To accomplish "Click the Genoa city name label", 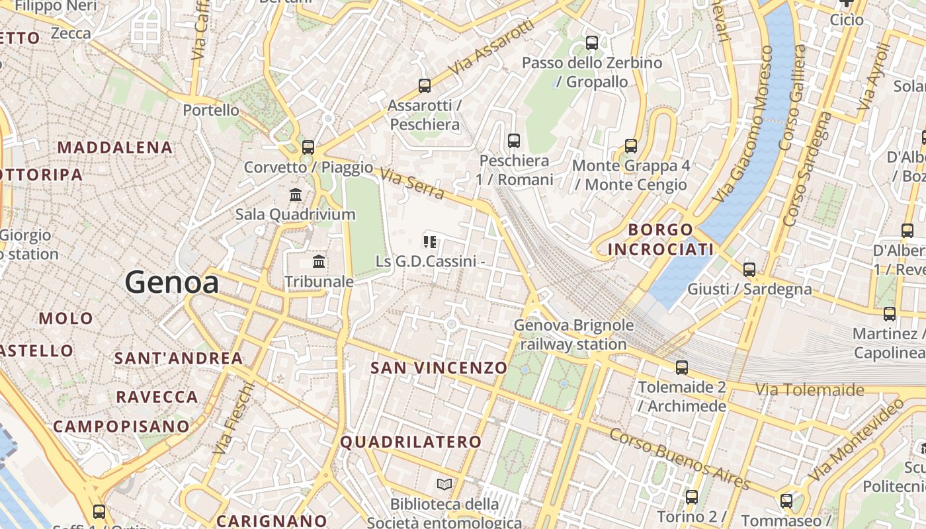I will (x=172, y=283).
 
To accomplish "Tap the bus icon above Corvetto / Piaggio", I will (x=308, y=147).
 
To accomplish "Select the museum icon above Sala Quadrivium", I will (x=296, y=195).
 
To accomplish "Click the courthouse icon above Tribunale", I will (x=319, y=262).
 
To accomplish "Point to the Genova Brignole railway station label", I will (x=573, y=335).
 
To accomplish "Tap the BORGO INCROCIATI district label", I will (x=661, y=239).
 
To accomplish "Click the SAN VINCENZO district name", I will (x=439, y=368).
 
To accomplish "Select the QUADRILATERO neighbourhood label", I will (x=411, y=442).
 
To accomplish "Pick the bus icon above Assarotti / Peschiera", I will (x=425, y=86).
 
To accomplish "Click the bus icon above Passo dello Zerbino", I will (x=592, y=43).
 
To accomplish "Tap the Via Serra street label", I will (x=412, y=183).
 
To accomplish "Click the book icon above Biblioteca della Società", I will (x=444, y=485).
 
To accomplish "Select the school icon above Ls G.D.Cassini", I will (x=431, y=242).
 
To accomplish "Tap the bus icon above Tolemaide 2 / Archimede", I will (x=682, y=368).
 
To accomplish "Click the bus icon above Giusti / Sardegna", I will (x=749, y=270).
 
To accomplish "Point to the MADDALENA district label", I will (x=116, y=147).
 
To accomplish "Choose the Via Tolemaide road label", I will (x=810, y=389).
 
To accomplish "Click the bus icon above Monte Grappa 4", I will (x=631, y=146).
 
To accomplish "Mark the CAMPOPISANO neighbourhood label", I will (x=121, y=427).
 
